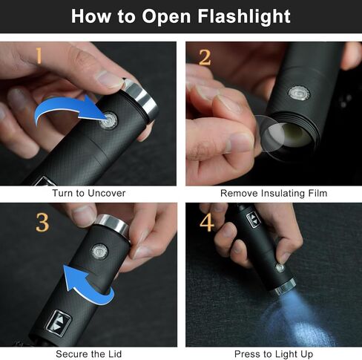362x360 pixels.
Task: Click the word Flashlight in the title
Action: click(x=244, y=16)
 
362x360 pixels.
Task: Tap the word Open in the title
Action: click(x=166, y=17)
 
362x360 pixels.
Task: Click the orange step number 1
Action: click(x=39, y=56)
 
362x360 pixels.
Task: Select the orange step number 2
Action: click(x=205, y=57)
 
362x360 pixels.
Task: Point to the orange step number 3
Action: click(x=42, y=223)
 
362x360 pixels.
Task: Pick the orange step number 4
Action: click(x=207, y=223)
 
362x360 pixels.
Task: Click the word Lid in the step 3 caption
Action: click(x=114, y=354)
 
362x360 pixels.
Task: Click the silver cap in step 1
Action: click(x=141, y=99)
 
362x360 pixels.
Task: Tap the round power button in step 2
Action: click(x=299, y=94)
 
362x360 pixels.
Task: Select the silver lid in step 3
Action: click(x=113, y=225)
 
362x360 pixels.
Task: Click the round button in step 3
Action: click(x=100, y=252)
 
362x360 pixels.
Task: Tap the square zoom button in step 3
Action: click(x=59, y=323)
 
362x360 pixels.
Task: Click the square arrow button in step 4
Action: click(x=254, y=219)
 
